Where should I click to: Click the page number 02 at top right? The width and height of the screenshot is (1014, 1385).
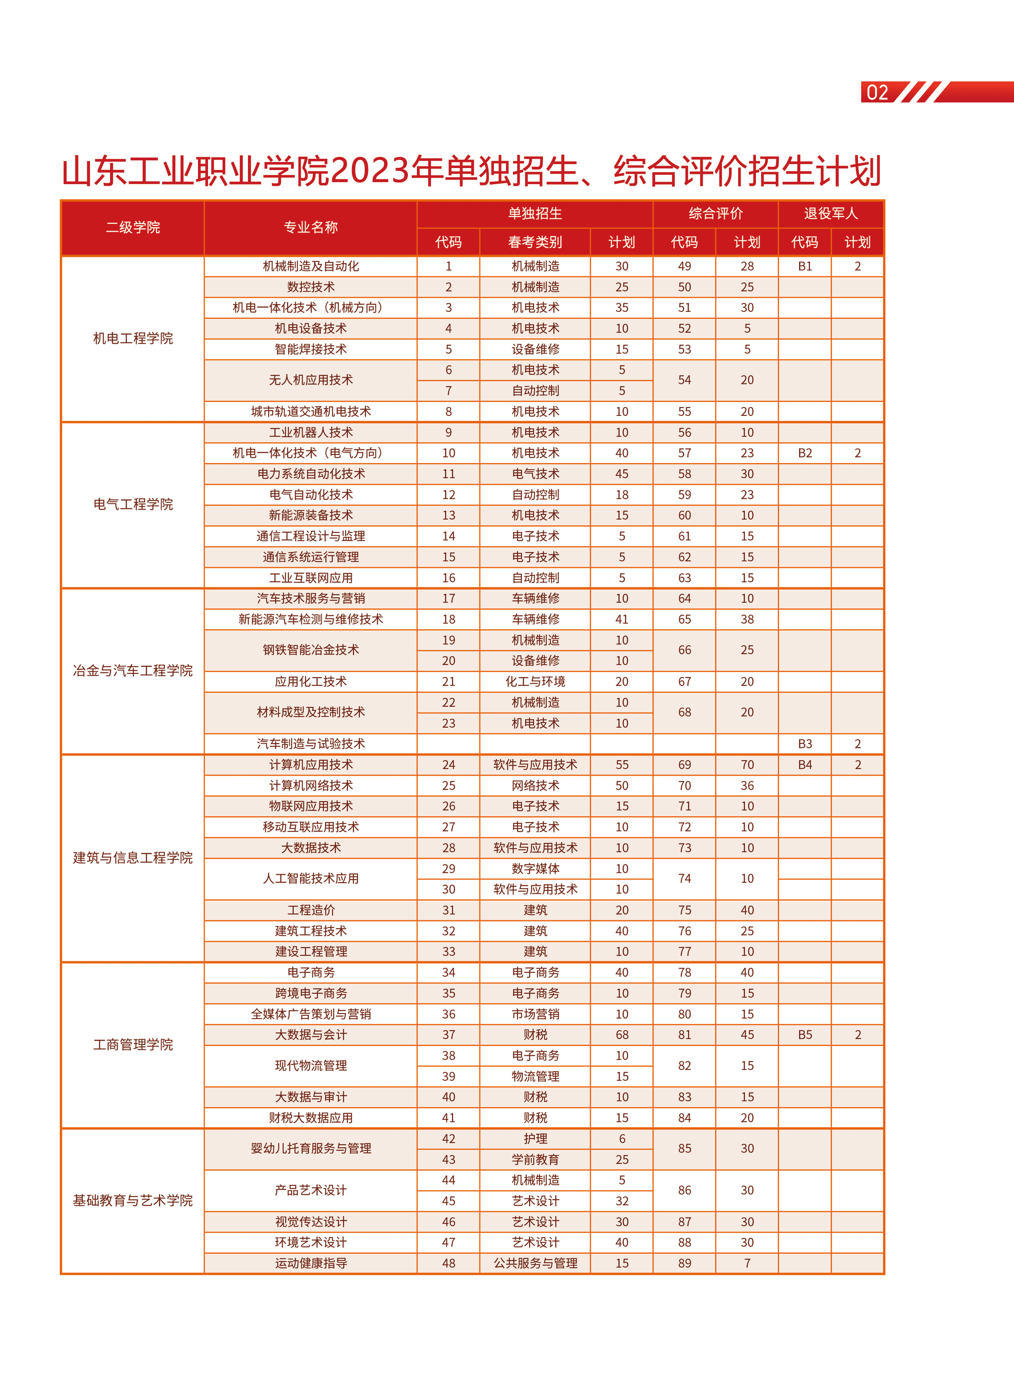coord(877,93)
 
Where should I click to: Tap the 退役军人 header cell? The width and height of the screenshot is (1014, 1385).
coord(831,214)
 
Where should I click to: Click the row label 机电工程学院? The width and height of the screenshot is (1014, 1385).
coord(133,338)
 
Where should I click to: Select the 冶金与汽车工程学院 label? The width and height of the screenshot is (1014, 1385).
coord(133,671)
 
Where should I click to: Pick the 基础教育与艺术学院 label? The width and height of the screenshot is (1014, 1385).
coord(133,1200)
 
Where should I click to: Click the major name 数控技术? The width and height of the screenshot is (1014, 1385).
coord(310,287)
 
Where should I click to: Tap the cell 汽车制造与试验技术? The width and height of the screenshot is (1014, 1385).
coord(310,744)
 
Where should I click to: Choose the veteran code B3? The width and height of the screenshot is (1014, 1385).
coord(805,744)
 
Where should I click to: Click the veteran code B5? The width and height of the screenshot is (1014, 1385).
coord(805,1035)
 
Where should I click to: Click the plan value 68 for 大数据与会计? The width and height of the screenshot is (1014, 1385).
coord(622,1035)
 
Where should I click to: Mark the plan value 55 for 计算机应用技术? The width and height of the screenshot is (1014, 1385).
coord(622,765)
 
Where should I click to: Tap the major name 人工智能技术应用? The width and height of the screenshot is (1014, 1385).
coord(310,878)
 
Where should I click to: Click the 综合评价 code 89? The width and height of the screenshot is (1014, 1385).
coord(684,1263)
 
